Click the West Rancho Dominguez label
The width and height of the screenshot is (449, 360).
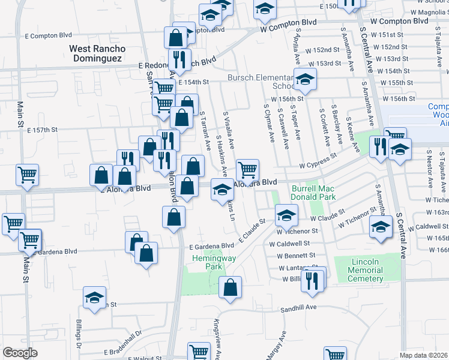pyautogui.click(x=97, y=53)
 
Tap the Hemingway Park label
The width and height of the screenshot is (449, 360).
pyautogui.click(x=206, y=262)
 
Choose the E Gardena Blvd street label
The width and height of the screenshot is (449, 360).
pyautogui.click(x=211, y=246)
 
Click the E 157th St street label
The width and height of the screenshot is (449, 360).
pyautogui.click(x=42, y=130)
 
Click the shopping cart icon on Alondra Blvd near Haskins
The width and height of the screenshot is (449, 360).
pyautogui.click(x=247, y=170)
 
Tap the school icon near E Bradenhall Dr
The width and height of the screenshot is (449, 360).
pyautogui.click(x=94, y=299)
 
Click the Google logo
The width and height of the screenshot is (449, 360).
pyautogui.click(x=20, y=353)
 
